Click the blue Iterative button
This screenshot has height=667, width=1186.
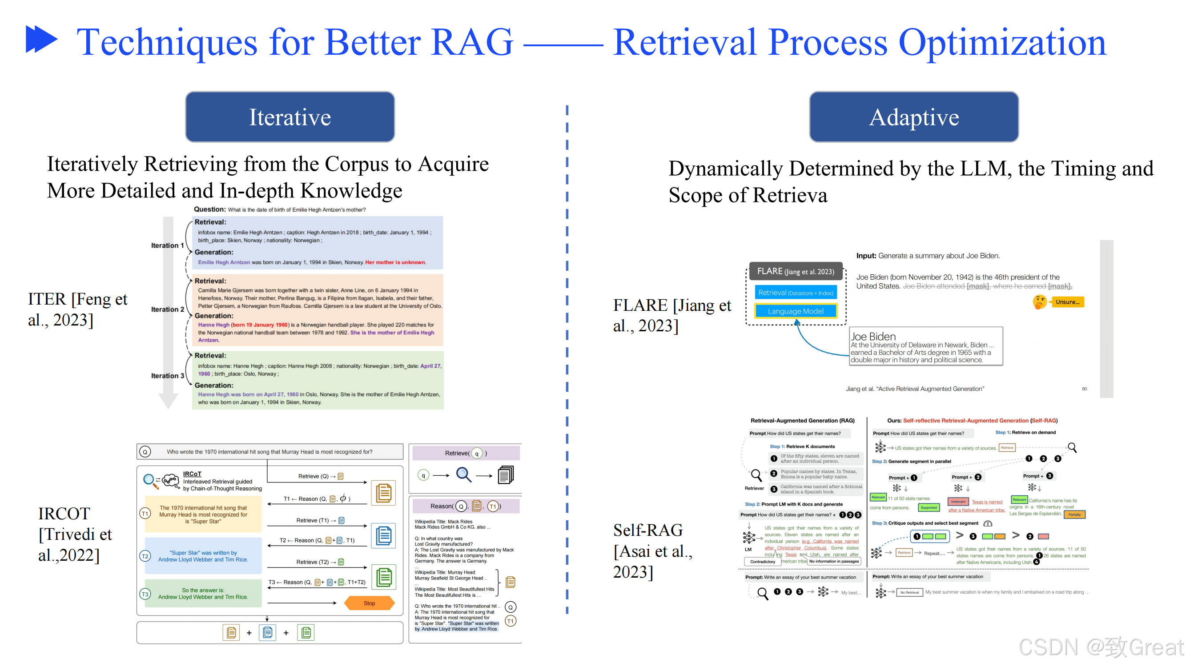tap(290, 117)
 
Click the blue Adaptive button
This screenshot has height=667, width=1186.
tap(914, 117)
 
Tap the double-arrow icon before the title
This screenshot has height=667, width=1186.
tap(41, 39)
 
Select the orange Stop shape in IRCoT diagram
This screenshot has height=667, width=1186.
tap(369, 603)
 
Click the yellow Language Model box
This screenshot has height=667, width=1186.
tap(796, 311)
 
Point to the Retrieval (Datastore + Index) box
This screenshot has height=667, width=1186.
tap(796, 293)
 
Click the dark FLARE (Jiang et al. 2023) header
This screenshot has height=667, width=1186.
tap(796, 272)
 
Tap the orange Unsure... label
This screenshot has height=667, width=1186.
tap(1067, 302)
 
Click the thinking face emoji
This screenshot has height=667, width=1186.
tap(1039, 302)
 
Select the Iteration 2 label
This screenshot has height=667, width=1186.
tap(168, 309)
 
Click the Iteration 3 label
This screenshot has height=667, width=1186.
tap(168, 376)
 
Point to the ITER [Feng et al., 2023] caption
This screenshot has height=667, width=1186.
tap(77, 309)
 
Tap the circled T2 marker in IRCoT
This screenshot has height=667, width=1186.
tap(145, 556)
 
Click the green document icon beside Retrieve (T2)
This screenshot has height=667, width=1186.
tap(383, 577)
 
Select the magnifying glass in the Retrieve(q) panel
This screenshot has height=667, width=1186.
tap(464, 474)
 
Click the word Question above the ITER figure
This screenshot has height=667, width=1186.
tap(209, 209)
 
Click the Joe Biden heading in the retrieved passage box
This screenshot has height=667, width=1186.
tap(873, 337)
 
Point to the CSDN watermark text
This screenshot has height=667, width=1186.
tap(1100, 647)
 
